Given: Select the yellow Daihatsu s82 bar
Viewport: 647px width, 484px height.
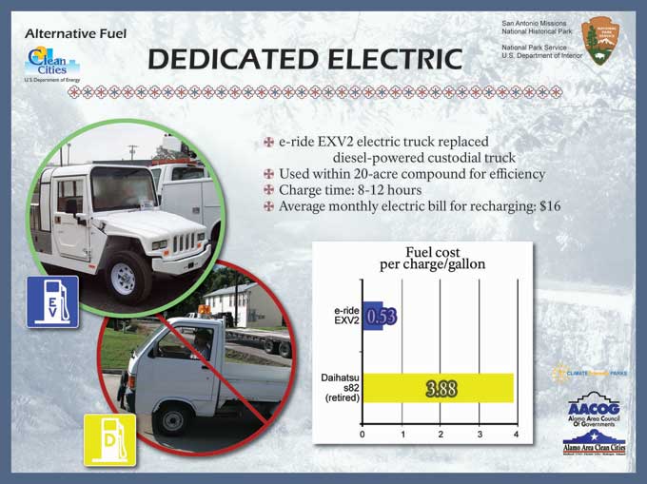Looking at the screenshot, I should coord(439,388).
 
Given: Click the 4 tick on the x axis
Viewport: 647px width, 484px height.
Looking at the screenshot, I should coord(516,435).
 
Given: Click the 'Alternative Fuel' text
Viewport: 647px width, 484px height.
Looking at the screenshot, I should coord(76,34).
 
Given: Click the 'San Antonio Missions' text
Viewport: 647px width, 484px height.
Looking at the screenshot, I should coord(539,21).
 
